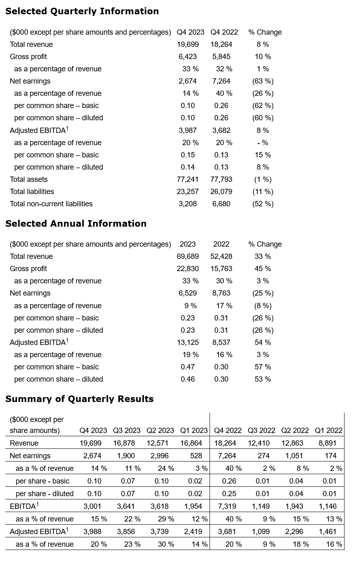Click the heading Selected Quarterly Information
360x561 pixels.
coord(82,11)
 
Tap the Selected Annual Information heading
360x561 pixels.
coord(76,223)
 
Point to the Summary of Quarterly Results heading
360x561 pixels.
coord(80,399)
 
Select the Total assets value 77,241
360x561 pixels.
coord(188,179)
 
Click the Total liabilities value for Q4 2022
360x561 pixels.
coord(221,192)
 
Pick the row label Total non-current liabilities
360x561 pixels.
coord(51,204)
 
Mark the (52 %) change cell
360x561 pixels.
coord(263,204)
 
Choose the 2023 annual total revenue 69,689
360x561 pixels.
coord(188,256)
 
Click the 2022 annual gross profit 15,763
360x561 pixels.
coord(221,269)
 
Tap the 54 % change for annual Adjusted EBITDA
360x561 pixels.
coord(263,342)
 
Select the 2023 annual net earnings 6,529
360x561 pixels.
coord(188,293)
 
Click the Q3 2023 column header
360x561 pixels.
coord(126,431)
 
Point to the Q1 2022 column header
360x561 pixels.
coord(329,431)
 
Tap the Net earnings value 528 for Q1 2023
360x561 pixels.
coord(196,456)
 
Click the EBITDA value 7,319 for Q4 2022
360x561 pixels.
coord(229,506)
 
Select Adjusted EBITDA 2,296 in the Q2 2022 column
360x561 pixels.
coord(296,532)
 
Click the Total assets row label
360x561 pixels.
coord(29,179)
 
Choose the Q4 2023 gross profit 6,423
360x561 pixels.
coord(188,57)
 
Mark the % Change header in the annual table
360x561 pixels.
coord(265,244)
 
